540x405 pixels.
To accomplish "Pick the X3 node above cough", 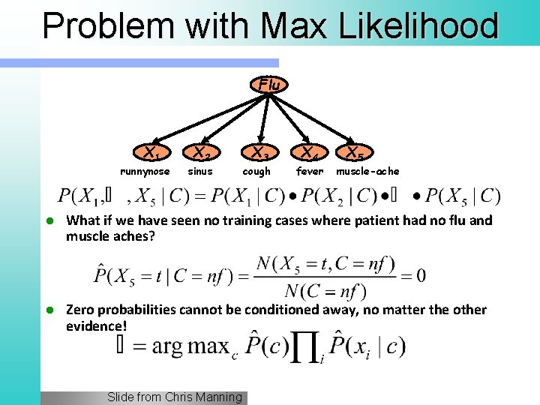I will click(x=258, y=154).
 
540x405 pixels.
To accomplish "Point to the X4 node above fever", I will click(x=308, y=154).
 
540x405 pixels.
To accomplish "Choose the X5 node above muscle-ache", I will click(x=352, y=154).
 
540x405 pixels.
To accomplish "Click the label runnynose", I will click(x=145, y=172).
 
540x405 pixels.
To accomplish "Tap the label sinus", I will click(x=199, y=172).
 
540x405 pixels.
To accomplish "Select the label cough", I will click(x=256, y=172).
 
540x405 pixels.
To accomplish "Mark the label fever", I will click(x=310, y=172).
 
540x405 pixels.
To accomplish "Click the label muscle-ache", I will click(x=367, y=172).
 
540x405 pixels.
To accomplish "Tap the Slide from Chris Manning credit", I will click(x=175, y=397).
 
